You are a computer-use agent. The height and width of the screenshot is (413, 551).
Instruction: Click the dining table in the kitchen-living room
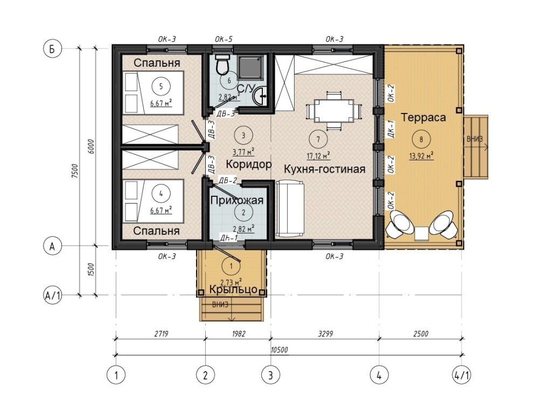pos(333,111)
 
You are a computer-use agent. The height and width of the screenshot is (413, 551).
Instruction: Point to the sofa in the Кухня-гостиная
pos(290,209)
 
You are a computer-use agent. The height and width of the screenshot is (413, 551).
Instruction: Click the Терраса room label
pos(423,117)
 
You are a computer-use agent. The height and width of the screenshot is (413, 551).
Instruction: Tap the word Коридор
pos(248,164)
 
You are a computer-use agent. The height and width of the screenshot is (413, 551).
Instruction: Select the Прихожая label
pos(236,201)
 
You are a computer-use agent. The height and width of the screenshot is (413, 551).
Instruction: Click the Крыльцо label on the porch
pos(233,290)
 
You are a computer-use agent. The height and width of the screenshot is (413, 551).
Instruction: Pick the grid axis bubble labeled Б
pos(52,49)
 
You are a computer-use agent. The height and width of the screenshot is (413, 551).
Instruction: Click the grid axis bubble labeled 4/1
pos(461,375)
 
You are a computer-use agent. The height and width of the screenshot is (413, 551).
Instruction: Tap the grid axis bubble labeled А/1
pos(52,295)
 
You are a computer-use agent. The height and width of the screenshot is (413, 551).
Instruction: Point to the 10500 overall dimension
pos(280,350)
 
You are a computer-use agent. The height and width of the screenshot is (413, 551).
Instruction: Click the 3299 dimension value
pos(325,334)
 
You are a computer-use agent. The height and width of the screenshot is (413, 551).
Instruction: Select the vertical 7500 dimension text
pos(74,171)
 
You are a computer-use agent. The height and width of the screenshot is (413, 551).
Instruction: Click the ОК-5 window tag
pos(224,39)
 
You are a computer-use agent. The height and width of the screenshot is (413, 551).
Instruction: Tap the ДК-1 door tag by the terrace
pos(390,129)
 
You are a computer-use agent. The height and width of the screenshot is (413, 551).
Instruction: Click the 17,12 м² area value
pos(318,155)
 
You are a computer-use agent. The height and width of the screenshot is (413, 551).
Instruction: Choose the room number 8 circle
pos(421,140)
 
